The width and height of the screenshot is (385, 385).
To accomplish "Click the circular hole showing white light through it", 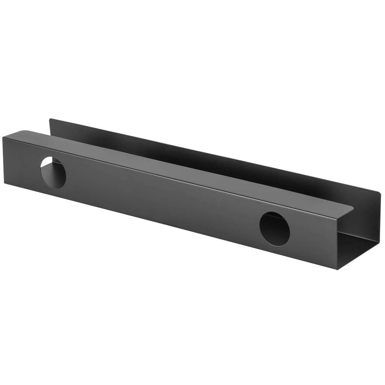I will [53, 173].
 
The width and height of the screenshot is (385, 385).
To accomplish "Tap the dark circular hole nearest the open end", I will [274, 229].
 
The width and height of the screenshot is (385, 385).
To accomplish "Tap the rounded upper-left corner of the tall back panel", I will [51, 120].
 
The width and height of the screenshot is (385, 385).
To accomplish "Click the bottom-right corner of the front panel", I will [338, 269].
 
